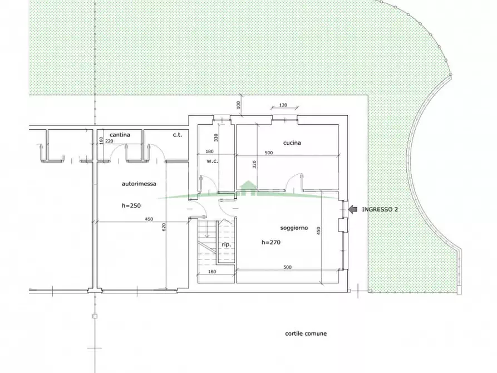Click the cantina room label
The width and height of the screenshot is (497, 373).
(x=120, y=135)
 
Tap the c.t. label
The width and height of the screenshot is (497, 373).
(x=178, y=135)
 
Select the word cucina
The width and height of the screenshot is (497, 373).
(x=292, y=143)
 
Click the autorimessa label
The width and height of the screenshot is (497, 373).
(x=139, y=183)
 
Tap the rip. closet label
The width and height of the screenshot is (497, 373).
(x=226, y=245)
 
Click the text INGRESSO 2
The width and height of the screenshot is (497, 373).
(x=380, y=209)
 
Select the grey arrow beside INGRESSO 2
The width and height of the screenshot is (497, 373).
(x=353, y=209)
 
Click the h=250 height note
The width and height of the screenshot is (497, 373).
(x=131, y=206)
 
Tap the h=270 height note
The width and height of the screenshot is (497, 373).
(x=270, y=243)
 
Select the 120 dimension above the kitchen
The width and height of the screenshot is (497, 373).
(x=282, y=105)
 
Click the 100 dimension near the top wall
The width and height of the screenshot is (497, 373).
(x=238, y=104)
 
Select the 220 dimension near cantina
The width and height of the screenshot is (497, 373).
(x=109, y=141)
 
